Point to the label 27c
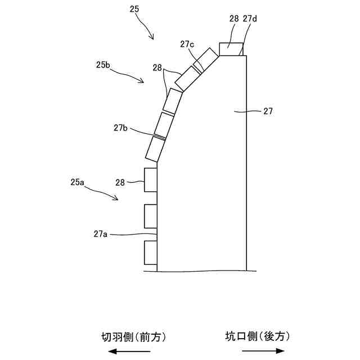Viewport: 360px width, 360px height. [x=188, y=44]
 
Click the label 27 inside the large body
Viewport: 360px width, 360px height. [x=268, y=111]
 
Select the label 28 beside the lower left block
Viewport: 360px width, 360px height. [x=120, y=182]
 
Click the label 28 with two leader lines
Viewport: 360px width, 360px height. [x=157, y=67]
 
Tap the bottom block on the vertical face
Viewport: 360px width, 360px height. [x=150, y=252]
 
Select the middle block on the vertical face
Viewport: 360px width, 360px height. [x=150, y=216]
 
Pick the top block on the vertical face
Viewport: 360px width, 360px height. [x=150, y=180]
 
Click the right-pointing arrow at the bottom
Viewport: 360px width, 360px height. [x=263, y=351]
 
